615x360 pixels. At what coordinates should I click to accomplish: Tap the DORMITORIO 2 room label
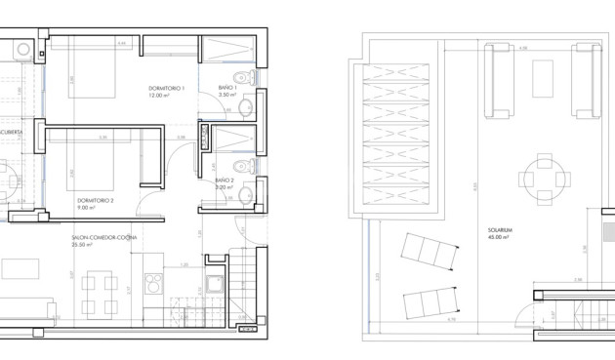tap(96, 199)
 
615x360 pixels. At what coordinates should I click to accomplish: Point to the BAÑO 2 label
tap(224, 180)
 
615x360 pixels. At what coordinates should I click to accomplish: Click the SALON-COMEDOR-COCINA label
tap(104, 237)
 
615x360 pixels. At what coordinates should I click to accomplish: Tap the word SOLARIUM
tap(504, 232)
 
